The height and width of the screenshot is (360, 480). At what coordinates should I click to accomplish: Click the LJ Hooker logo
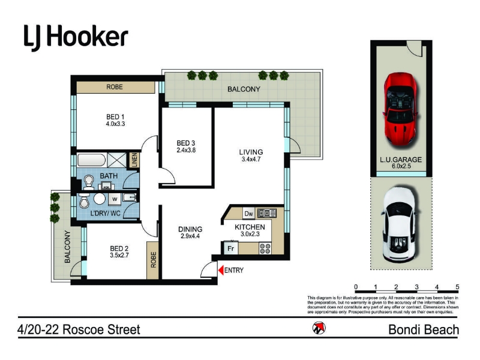76,38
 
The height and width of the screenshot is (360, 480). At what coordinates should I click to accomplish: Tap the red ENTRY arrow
221,270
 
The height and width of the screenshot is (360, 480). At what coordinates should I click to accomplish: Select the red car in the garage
400,109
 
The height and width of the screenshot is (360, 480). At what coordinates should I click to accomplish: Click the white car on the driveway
399,224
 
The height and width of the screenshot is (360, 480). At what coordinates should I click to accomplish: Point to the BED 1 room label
115,117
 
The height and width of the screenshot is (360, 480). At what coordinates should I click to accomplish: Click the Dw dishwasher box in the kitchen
248,214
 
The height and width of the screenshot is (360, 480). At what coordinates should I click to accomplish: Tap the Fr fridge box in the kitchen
231,248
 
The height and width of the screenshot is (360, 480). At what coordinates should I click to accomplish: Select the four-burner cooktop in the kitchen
265,248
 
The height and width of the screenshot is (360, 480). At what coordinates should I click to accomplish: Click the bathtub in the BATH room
92,160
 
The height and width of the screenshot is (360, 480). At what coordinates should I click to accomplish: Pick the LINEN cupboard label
134,160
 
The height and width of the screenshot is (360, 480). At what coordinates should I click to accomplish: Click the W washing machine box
115,199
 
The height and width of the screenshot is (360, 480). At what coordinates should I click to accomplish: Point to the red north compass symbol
319,328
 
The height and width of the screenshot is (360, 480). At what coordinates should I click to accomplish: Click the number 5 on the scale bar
457,287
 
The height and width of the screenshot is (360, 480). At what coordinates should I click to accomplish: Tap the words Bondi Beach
424,329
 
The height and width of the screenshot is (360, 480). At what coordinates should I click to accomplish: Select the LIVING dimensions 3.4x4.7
251,159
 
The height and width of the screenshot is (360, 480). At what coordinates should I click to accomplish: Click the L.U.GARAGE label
401,160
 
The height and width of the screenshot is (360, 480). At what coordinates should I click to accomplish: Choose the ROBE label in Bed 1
115,87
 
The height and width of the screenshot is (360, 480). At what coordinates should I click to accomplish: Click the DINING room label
190,229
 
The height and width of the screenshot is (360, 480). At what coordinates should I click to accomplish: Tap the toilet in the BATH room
89,182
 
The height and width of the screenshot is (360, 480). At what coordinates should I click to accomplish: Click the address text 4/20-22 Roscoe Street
79,329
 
